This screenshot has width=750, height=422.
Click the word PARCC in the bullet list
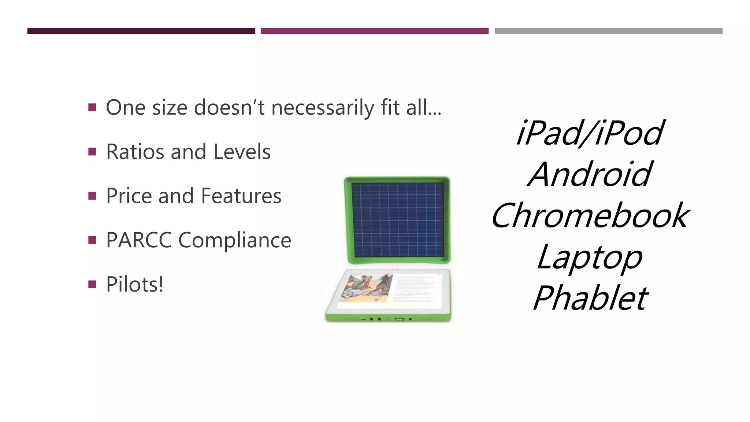[x=139, y=240]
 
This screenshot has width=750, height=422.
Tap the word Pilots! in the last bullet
[x=134, y=284]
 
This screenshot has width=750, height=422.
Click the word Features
[x=241, y=196]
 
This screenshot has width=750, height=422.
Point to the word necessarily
[x=323, y=108]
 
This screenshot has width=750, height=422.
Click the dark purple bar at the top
[x=141, y=31]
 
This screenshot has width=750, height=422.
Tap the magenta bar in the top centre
[x=374, y=31]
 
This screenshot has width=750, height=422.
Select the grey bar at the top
[x=608, y=31]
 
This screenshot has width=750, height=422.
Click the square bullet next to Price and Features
[x=92, y=196]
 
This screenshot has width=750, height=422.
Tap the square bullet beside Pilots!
[x=92, y=284]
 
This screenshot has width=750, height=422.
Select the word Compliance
[x=235, y=240]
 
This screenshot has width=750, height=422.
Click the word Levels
[x=242, y=152]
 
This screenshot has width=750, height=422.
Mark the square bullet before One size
[x=92, y=108]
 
